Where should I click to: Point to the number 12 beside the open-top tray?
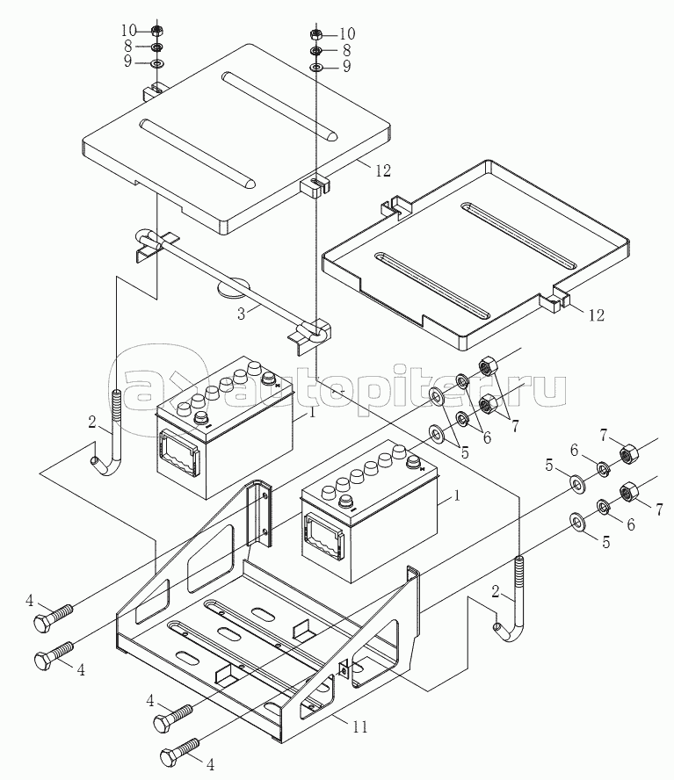click(596, 315)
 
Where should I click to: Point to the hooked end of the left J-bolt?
click(98, 463)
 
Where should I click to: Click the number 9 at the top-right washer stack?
click(346, 67)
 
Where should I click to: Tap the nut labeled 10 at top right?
click(316, 35)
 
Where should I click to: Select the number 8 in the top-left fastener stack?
click(128, 47)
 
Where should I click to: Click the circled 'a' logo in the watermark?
click(146, 386)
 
